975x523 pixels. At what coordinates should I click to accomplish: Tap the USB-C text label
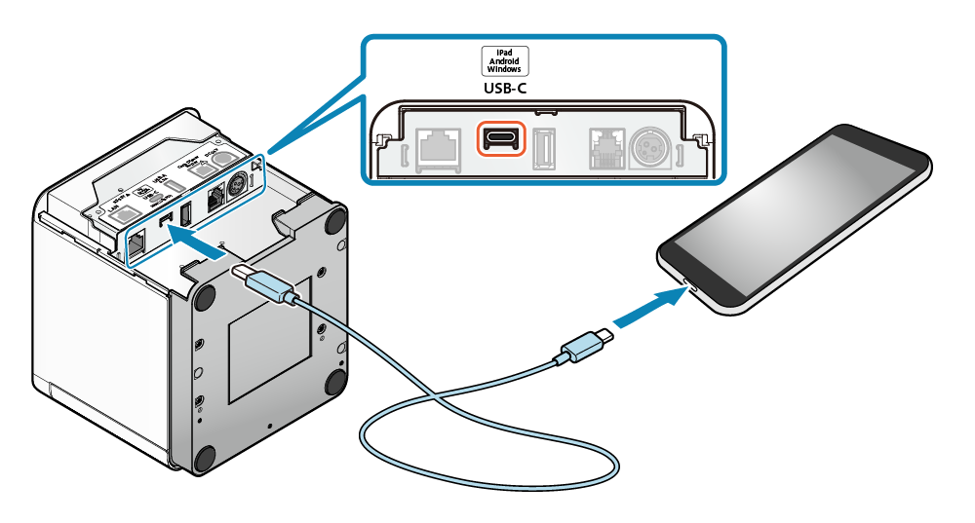(x=506, y=89)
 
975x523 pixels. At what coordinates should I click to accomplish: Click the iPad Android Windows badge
(x=506, y=61)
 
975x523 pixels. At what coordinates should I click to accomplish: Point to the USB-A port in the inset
(x=543, y=146)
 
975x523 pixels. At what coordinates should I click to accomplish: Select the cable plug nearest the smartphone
(x=584, y=347)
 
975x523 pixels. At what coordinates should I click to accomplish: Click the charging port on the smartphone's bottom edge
(x=688, y=284)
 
